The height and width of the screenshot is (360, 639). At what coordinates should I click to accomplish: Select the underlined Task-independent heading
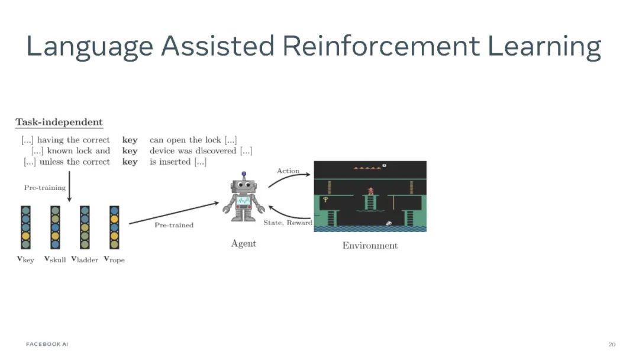59,123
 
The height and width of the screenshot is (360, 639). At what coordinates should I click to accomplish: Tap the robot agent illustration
243,198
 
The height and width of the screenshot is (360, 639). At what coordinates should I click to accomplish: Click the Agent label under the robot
243,243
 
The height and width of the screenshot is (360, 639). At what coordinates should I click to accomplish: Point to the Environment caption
370,245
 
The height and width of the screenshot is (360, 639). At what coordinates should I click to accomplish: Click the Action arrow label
288,171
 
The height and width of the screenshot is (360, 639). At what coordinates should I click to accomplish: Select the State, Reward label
288,223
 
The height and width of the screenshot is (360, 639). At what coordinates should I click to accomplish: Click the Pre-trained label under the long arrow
174,225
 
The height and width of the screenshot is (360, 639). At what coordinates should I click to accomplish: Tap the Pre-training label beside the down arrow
44,187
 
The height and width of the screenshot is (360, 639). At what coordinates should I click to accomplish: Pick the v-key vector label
25,259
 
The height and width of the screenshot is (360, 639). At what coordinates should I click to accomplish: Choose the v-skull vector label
55,259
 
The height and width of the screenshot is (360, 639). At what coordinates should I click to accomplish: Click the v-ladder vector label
85,259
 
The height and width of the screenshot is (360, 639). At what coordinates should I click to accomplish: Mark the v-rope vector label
114,259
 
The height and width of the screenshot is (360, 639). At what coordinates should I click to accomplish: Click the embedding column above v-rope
114,227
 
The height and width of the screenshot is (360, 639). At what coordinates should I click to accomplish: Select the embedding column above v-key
25,227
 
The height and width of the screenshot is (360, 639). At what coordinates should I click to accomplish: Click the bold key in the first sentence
130,140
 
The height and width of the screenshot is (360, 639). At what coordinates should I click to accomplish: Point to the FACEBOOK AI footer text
47,344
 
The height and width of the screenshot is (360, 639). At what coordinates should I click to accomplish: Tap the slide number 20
612,344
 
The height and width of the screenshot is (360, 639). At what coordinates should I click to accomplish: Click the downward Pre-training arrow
69,187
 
